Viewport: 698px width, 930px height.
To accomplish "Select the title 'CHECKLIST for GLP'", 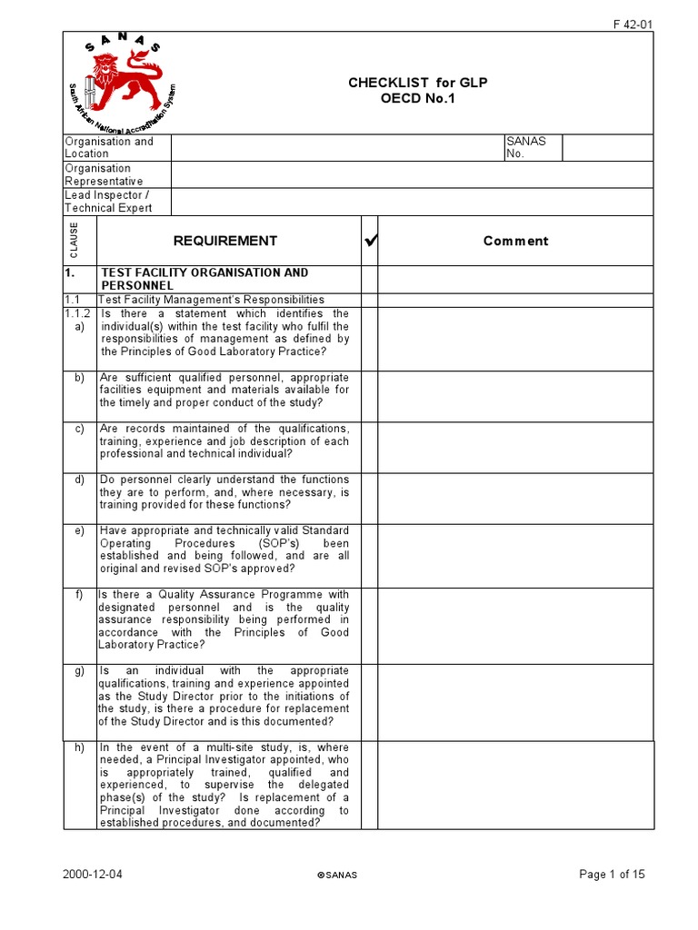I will pos(418,83).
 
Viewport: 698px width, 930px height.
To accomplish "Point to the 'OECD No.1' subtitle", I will pos(418,98).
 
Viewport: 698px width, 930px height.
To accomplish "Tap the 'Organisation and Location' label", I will pos(109,147).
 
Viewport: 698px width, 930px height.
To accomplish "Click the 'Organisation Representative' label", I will pos(104,174).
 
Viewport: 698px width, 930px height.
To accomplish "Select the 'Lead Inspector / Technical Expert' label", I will pos(108,202).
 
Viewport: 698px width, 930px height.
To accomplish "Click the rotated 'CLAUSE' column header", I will pos(75,241).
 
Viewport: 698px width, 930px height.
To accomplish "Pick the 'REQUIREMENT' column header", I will pos(225,241).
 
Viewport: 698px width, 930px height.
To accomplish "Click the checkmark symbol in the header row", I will pos(369,242).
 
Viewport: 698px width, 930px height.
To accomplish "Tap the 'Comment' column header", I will pos(515,241).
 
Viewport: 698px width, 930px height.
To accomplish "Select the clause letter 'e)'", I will pos(80,530).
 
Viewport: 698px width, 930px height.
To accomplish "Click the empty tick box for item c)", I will pos(369,447).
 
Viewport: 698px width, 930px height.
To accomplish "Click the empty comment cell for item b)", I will pos(515,396).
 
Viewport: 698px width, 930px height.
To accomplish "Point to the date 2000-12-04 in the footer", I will pos(93,875).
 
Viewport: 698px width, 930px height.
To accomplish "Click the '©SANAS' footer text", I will pos(337,876).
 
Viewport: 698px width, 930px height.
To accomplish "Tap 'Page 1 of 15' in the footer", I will pos(612,875).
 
